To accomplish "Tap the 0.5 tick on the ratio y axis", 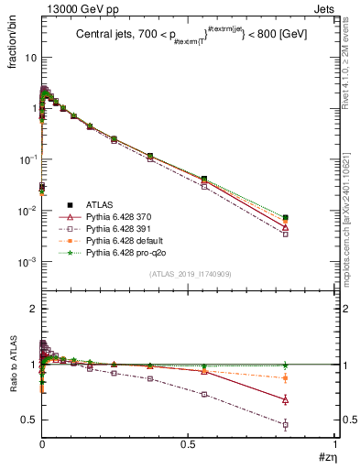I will (x=29, y=420).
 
